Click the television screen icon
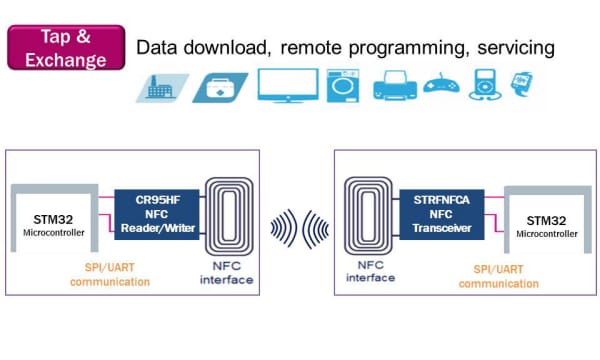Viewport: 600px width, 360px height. [x=287, y=85]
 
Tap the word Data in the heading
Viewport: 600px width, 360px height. [x=157, y=48]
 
